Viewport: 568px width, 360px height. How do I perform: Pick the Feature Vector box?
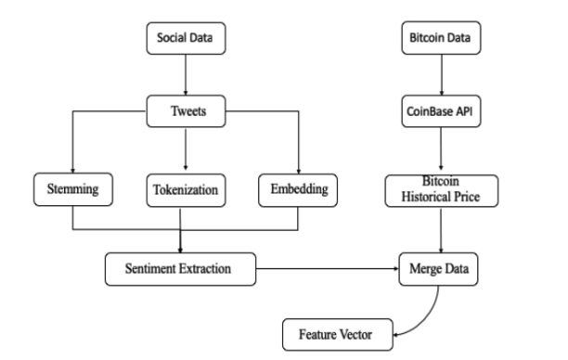[x=339, y=332]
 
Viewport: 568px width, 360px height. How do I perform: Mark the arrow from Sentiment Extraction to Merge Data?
[x=325, y=269]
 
